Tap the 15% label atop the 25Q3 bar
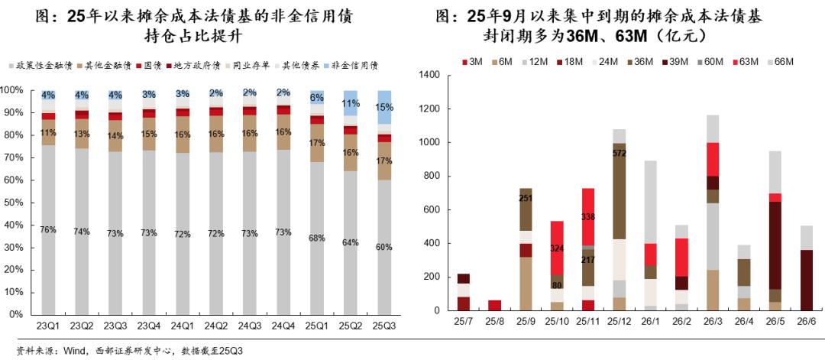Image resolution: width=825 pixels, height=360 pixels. pos(385,108)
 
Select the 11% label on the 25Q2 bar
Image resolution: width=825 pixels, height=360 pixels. pos(351,104)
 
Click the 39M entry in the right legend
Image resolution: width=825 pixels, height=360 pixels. pos(678,60)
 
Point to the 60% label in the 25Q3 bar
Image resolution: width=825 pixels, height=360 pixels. pos(385,247)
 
